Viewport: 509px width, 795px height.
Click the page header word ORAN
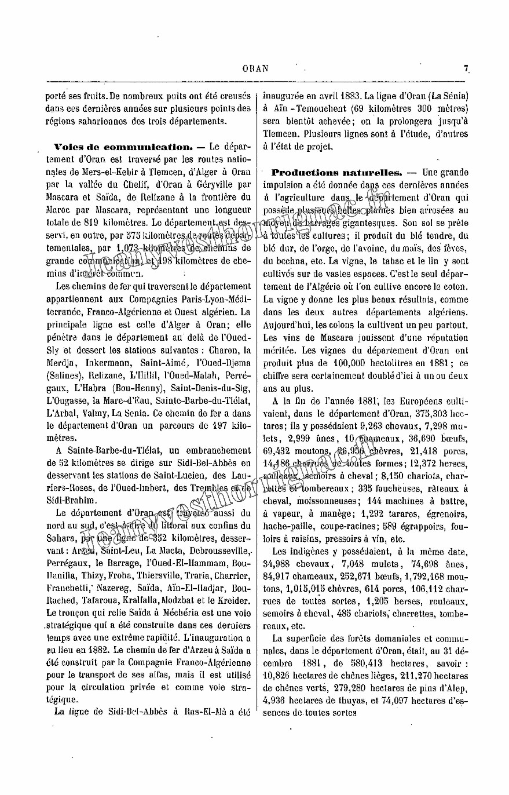[x=255, y=68]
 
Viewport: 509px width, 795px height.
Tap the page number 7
[x=466, y=68]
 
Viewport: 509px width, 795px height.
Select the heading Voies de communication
[x=123, y=147]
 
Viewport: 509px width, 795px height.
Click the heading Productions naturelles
[x=337, y=173]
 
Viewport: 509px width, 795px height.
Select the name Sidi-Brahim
[x=73, y=500]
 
